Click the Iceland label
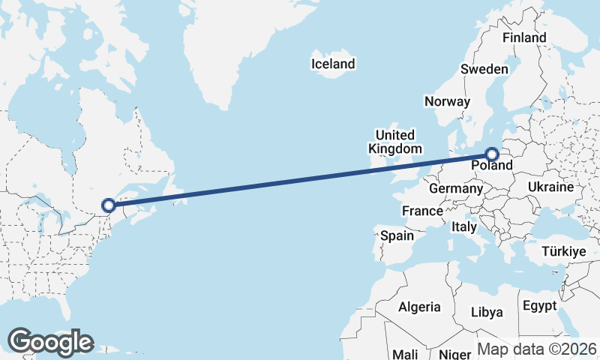click(333, 64)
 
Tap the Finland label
click(524, 37)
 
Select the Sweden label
click(484, 69)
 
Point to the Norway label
click(447, 101)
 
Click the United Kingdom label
click(394, 142)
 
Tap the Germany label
click(455, 188)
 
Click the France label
click(422, 211)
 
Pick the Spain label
click(397, 235)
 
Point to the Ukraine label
click(550, 187)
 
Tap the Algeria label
click(420, 307)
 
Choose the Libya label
click(486, 312)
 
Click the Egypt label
click(539, 306)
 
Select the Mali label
click(405, 354)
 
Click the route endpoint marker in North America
click(109, 205)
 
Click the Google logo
click(50, 342)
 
